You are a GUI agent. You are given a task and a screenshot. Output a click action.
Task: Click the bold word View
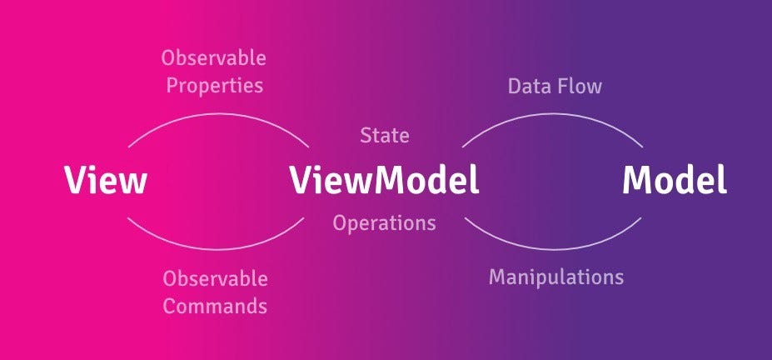pos(106,180)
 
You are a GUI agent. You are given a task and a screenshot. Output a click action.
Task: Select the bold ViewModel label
pos(384,180)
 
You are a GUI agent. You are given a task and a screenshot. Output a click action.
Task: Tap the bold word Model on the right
pos(675,180)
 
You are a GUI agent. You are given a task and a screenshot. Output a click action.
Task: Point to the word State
pos(384,135)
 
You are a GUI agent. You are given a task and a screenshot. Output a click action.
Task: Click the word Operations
pos(384,223)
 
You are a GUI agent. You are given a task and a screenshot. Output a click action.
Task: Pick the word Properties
pos(213,86)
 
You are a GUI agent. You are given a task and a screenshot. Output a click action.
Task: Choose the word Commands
pos(215,306)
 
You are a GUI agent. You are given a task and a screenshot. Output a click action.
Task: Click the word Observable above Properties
pos(213,59)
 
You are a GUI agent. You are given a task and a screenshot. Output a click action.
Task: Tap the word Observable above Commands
pos(215,279)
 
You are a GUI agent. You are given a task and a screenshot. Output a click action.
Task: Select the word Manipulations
pos(555,277)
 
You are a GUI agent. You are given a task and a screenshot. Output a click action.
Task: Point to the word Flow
pos(580,86)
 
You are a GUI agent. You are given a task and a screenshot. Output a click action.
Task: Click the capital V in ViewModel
pos(301,180)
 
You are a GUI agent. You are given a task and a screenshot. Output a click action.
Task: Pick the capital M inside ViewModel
pos(388,180)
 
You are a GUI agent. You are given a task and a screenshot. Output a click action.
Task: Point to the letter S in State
pos(366,135)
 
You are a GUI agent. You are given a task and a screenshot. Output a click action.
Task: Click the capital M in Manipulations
pos(498,277)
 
